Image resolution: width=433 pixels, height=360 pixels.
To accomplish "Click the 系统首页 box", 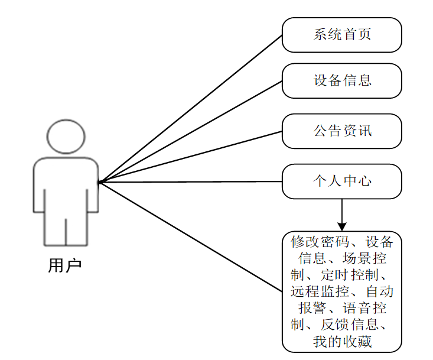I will [x=341, y=35].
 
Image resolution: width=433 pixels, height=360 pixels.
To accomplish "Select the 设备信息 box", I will [x=341, y=80].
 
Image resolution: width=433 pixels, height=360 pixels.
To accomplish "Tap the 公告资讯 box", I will [x=341, y=131].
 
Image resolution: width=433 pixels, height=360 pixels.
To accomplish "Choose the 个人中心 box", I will [x=341, y=181].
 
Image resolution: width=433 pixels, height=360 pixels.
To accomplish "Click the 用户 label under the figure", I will [x=64, y=265].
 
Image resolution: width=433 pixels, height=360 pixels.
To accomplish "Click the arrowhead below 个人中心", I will [x=341, y=226].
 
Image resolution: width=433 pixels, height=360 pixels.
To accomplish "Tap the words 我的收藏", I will [x=342, y=341].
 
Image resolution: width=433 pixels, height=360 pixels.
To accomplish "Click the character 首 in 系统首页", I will [x=349, y=35].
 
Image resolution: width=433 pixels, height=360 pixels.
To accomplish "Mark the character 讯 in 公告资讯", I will [x=364, y=131].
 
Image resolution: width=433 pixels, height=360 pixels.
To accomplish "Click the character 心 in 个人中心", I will [x=364, y=181].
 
